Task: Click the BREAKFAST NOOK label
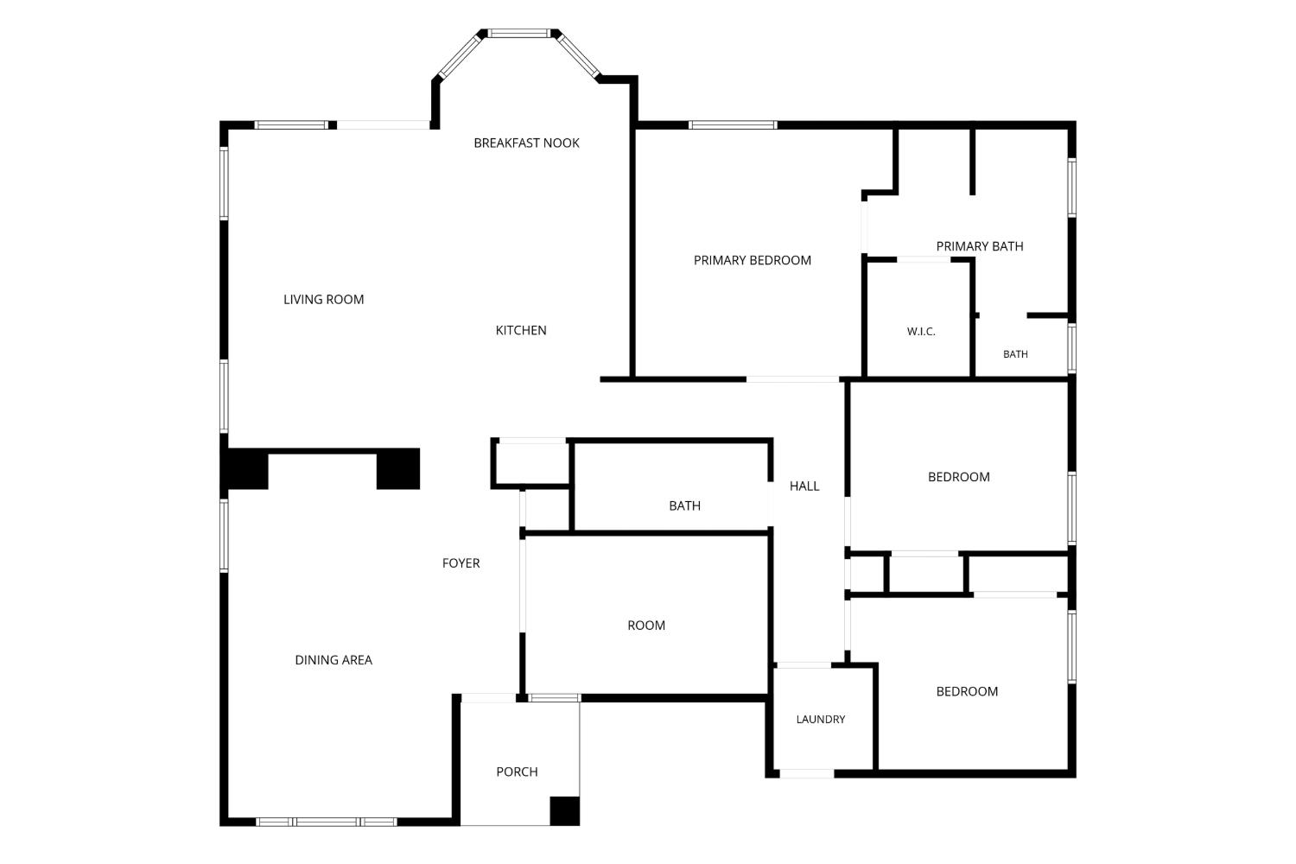[x=526, y=143]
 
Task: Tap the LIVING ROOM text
[x=323, y=299]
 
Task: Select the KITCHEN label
[x=521, y=330]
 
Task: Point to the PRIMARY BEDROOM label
[x=753, y=260]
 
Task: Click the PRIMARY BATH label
[x=980, y=246]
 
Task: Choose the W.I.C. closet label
[x=921, y=332]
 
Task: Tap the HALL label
[x=804, y=486]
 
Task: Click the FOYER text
[x=461, y=563]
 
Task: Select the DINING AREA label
[x=334, y=660]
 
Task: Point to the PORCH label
[x=517, y=772]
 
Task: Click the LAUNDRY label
[x=821, y=720]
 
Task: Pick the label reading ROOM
[x=646, y=625]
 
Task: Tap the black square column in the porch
[x=565, y=810]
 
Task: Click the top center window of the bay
[x=518, y=34]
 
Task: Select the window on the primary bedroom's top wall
[x=733, y=124]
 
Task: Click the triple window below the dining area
[x=327, y=821]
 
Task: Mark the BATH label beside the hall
[x=684, y=505]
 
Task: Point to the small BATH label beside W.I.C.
[x=1015, y=354]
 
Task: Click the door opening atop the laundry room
[x=803, y=665]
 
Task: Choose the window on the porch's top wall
[x=554, y=698]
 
